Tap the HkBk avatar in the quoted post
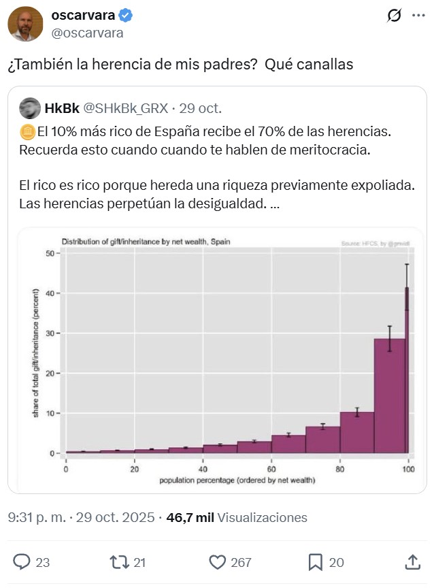pos(29,108)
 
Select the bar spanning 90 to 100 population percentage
pos(389,395)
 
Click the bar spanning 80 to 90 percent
pos(356,432)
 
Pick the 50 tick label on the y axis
pos(49,254)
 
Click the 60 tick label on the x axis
pos(271,470)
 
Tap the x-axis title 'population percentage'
pos(237,481)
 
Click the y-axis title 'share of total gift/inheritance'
pos(35,353)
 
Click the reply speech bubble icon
pos(22,561)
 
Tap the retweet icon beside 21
pos(119,561)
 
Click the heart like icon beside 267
pos(217,561)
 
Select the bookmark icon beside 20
pos(316,561)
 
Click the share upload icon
pos(412,561)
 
